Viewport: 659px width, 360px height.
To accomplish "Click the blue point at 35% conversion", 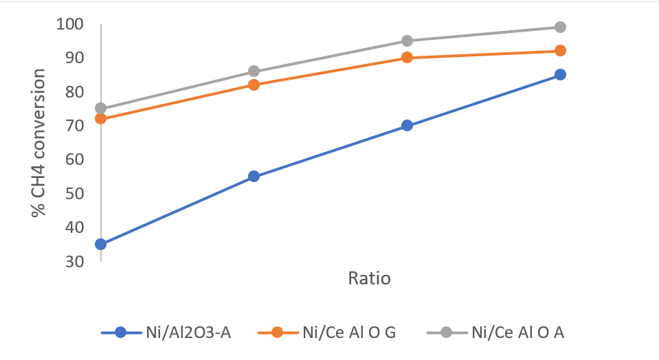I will click(x=101, y=244).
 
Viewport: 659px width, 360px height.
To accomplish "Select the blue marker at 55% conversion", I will click(x=254, y=177).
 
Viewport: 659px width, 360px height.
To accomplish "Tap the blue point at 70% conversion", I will click(x=407, y=126).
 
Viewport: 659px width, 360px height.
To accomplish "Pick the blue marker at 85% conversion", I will click(x=560, y=74).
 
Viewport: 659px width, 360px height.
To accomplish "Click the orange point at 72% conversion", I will click(x=101, y=119).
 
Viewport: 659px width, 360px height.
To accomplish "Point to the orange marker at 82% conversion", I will click(x=254, y=85).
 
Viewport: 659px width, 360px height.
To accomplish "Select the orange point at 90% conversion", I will click(x=407, y=58).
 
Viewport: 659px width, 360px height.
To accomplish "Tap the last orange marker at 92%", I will click(x=560, y=51).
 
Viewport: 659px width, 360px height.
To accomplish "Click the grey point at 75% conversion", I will click(x=101, y=109).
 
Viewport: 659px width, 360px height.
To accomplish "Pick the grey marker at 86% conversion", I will click(x=254, y=71).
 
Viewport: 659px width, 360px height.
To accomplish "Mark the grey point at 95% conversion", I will click(x=407, y=41).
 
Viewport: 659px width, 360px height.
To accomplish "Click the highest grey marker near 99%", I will click(x=560, y=27).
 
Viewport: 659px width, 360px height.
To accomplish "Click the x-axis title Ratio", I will click(x=369, y=279).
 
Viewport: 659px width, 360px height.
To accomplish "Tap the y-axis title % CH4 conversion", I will click(x=39, y=143).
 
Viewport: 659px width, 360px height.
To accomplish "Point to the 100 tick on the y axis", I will click(x=69, y=24).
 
